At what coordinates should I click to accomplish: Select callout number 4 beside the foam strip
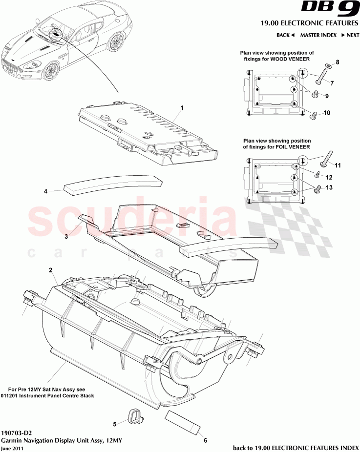click(x=45, y=191)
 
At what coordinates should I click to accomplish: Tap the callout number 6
click(x=205, y=440)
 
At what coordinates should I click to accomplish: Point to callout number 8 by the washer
click(x=337, y=62)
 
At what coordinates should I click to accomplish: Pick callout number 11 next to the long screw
click(x=338, y=165)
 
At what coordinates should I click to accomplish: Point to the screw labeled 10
click(x=314, y=115)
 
